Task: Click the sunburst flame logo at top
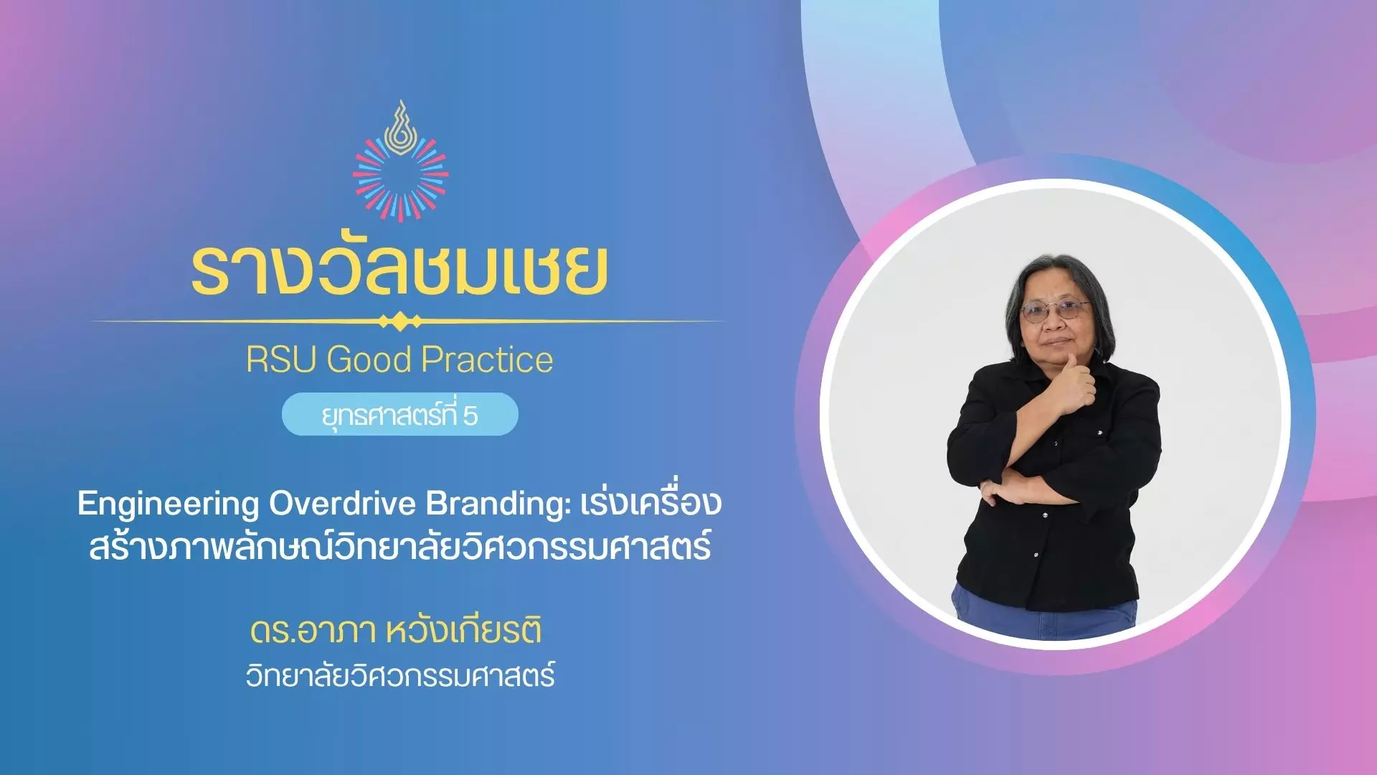pyautogui.click(x=401, y=162)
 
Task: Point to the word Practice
pyautogui.click(x=488, y=359)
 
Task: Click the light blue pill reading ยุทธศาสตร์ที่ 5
pyautogui.click(x=400, y=414)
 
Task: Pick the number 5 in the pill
pyautogui.click(x=470, y=416)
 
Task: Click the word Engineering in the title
pyautogui.click(x=168, y=505)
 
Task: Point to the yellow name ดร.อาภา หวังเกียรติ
pyautogui.click(x=396, y=631)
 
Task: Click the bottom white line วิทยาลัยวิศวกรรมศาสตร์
pyautogui.click(x=400, y=676)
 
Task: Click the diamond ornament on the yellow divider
pyautogui.click(x=400, y=321)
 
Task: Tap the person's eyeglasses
pyautogui.click(x=1055, y=311)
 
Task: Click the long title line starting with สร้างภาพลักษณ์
pyautogui.click(x=400, y=547)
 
